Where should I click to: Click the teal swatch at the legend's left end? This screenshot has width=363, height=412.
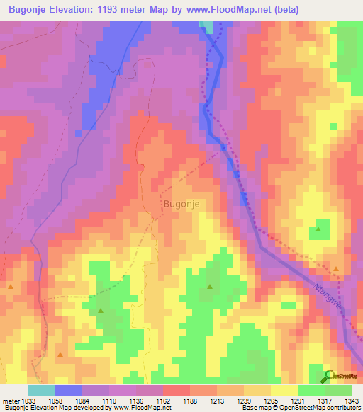click(x=41, y=390)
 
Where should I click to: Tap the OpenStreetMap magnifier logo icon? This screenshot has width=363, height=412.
click(x=329, y=377)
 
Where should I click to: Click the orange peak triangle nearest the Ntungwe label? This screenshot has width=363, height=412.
click(x=336, y=269)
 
